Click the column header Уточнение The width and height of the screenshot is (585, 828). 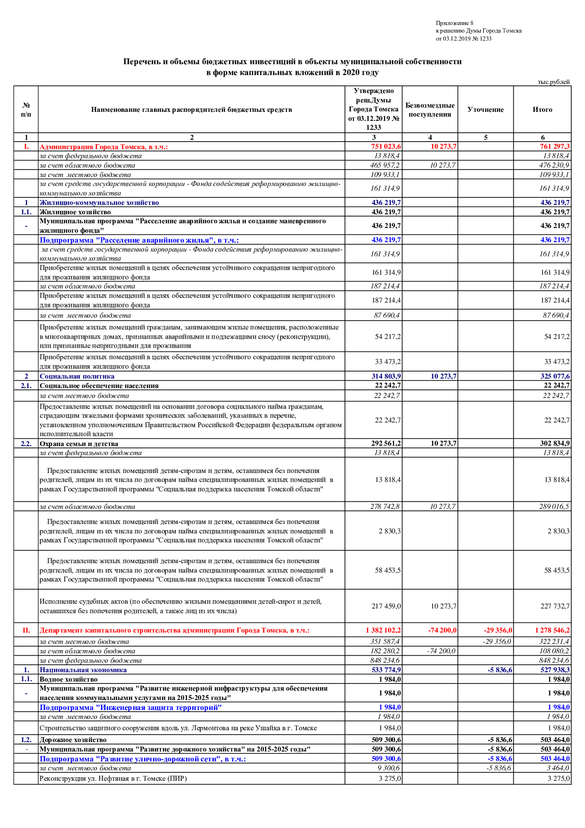pyautogui.click(x=485, y=110)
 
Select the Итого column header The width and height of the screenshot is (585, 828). pyautogui.click(x=542, y=110)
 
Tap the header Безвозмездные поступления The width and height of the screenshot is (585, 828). pyautogui.click(x=430, y=110)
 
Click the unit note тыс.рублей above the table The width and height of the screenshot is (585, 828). pyautogui.click(x=553, y=82)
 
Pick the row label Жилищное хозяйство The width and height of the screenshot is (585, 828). pyautogui.click(x=75, y=212)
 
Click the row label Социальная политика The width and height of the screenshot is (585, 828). pyautogui.click(x=77, y=376)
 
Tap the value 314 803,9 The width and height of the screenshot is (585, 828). pyautogui.click(x=386, y=376)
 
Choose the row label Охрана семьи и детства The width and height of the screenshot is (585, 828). pyautogui.click(x=79, y=444)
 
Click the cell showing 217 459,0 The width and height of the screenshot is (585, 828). pyautogui.click(x=386, y=606)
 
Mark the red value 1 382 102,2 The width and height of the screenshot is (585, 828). pyautogui.click(x=383, y=630)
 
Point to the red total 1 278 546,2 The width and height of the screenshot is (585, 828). pyautogui.click(x=552, y=630)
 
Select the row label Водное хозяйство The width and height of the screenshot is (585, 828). pyautogui.click(x=68, y=679)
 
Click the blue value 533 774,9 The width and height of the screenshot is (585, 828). pyautogui.click(x=386, y=670)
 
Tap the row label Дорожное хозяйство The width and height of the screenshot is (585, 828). pyautogui.click(x=73, y=740)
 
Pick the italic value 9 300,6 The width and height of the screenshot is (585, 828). pyautogui.click(x=388, y=768)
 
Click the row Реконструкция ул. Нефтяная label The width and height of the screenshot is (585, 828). pyautogui.click(x=113, y=778)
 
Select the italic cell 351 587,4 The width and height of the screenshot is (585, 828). pyautogui.click(x=385, y=642)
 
